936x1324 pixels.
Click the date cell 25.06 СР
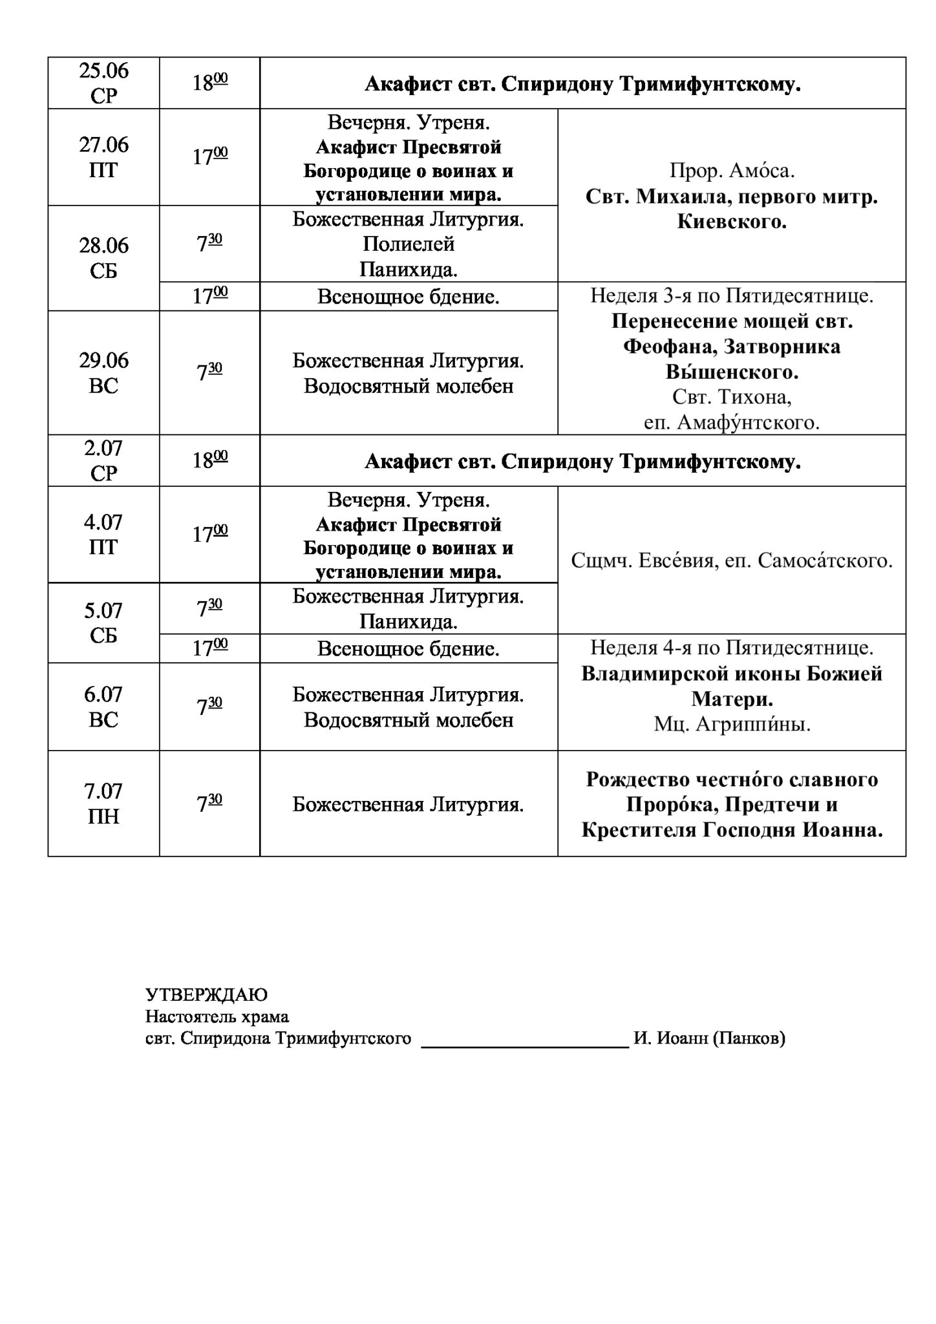click(103, 83)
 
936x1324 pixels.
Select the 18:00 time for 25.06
click(210, 83)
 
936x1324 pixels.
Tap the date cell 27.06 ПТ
click(103, 157)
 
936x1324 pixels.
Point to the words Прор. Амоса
click(732, 171)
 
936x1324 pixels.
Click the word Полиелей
click(409, 244)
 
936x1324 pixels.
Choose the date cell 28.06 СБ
click(103, 258)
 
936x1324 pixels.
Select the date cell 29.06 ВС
click(103, 372)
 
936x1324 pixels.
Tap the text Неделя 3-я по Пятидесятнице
click(732, 296)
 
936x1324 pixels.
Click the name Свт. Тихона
click(732, 396)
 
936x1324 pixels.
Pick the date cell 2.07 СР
click(103, 460)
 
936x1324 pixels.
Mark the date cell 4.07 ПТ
click(103, 534)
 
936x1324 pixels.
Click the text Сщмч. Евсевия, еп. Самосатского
click(732, 561)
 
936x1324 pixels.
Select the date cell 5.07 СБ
click(103, 623)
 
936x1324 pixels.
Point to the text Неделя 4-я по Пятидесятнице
click(732, 647)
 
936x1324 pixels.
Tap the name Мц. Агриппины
click(732, 725)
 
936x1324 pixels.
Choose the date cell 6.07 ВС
click(103, 707)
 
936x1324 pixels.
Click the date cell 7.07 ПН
click(103, 804)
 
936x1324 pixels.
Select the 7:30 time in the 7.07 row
click(210, 804)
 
